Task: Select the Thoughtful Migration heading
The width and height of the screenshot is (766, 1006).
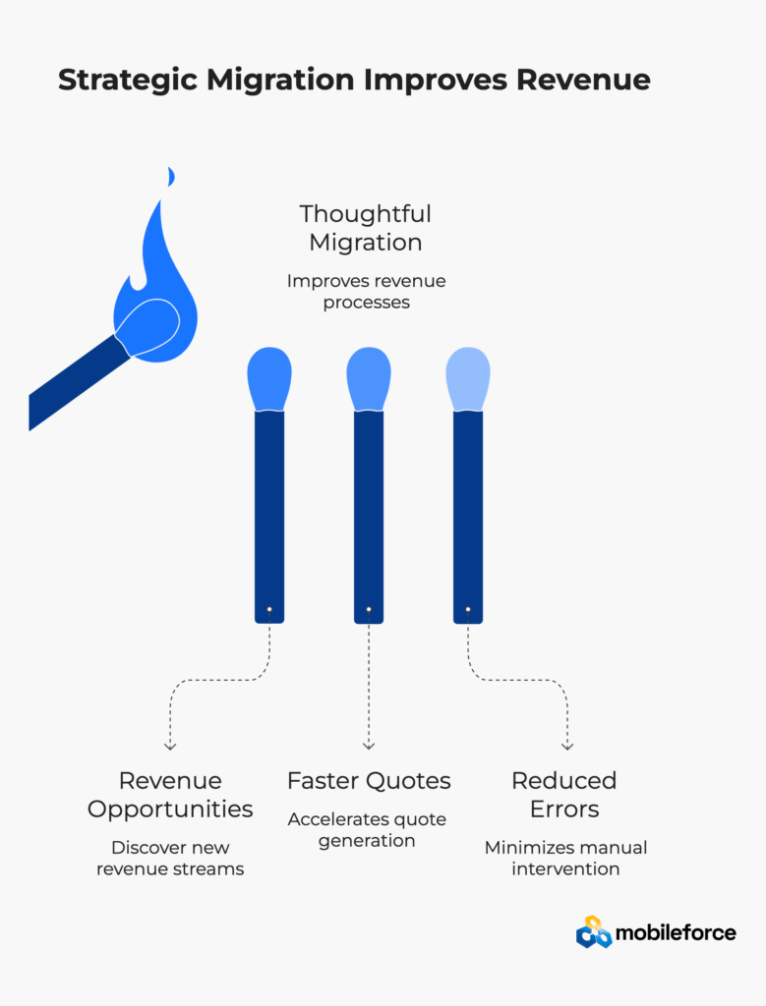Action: point(366,227)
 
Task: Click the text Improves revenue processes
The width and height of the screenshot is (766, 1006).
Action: point(366,291)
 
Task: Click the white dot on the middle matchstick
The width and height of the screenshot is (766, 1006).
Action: point(369,609)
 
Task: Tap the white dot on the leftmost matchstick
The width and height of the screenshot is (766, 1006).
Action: point(269,609)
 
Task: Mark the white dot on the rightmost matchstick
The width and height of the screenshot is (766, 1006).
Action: point(468,609)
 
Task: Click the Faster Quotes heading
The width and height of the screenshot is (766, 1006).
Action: point(369,781)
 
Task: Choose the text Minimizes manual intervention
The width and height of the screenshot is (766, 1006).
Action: point(565,858)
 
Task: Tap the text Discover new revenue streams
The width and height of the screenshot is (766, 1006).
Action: point(170,858)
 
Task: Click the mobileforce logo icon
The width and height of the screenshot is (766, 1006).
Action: point(593,932)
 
